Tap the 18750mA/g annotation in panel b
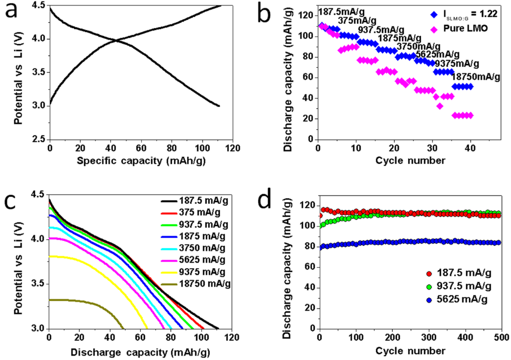[x=475, y=77]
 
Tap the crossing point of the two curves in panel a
[x=117, y=40]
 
